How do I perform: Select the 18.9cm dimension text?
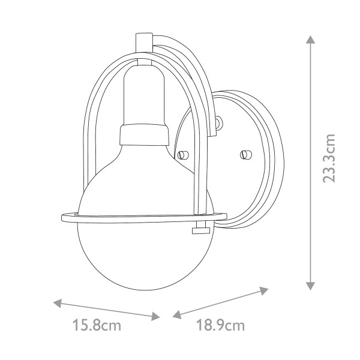click(x=221, y=326)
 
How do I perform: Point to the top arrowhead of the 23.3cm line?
click(x=310, y=40)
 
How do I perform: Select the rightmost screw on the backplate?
click(x=244, y=155)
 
